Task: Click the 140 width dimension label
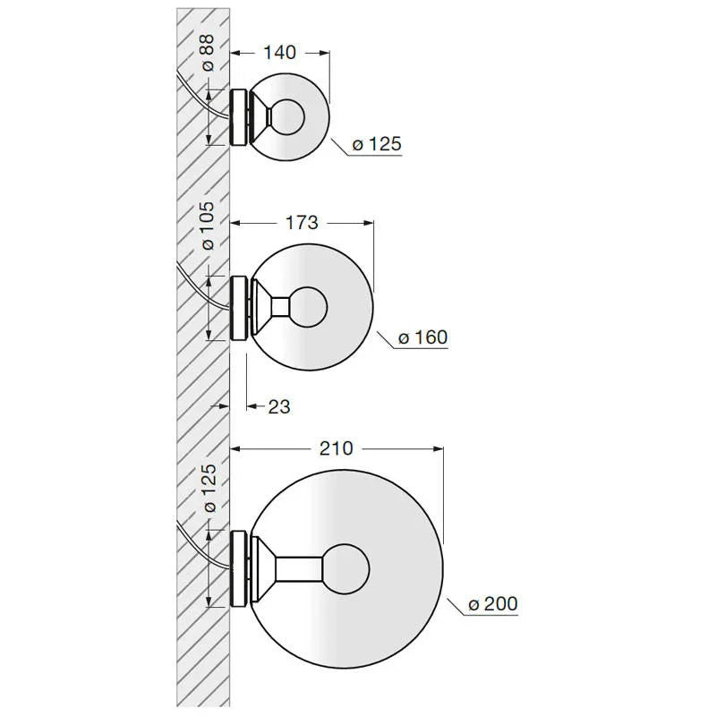tap(281, 53)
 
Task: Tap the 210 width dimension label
tap(337, 448)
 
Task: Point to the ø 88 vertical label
tap(207, 53)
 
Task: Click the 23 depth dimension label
tap(279, 406)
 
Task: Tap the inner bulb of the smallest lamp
tap(288, 116)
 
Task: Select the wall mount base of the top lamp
tap(239, 116)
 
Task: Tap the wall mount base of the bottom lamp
tap(239, 567)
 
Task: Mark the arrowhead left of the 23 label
tap(251, 406)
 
